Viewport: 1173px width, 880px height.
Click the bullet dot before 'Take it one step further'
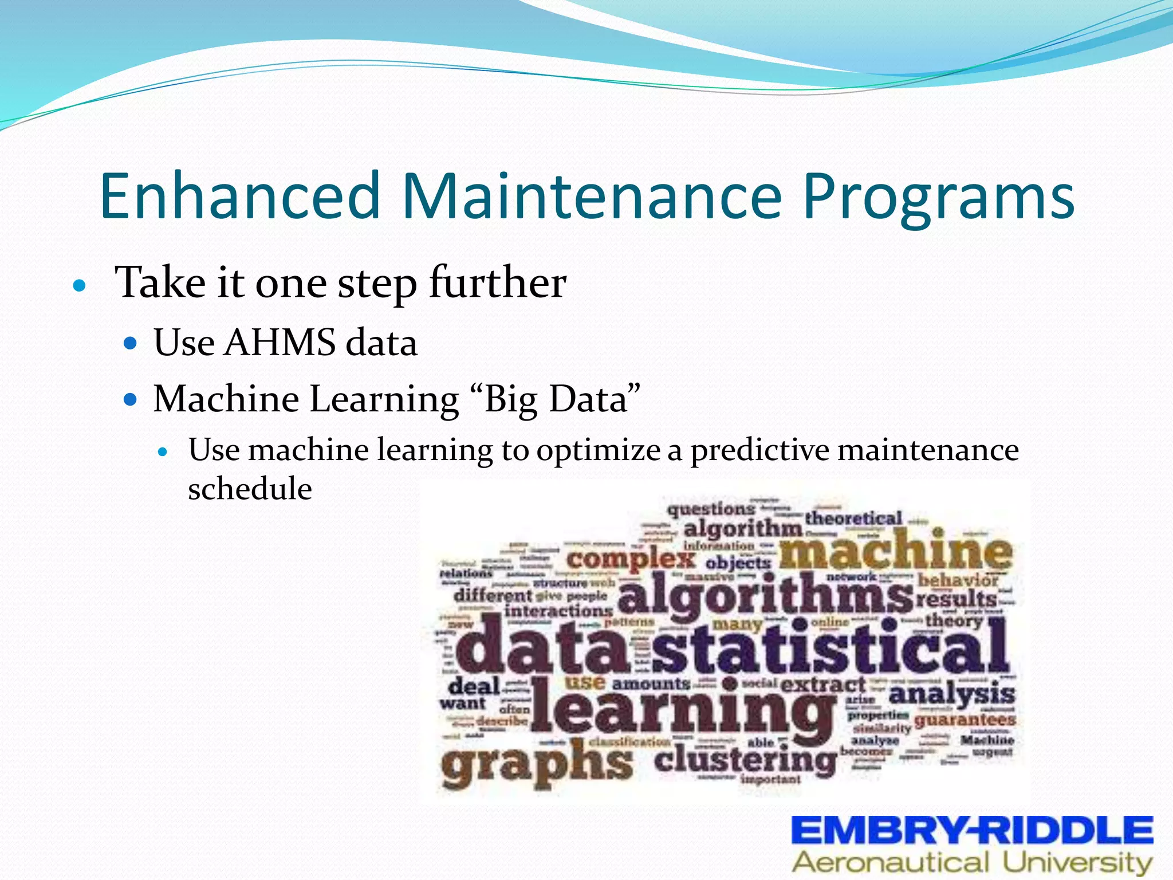click(x=80, y=285)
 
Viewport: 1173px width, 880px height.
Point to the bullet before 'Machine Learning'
click(x=131, y=399)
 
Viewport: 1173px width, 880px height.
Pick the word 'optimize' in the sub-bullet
click(x=598, y=450)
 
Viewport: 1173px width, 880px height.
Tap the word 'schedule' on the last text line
click(x=250, y=489)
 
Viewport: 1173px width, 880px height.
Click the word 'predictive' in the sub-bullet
click(x=759, y=450)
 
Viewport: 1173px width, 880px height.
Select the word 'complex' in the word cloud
click(x=630, y=559)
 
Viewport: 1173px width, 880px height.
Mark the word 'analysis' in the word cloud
click(x=951, y=694)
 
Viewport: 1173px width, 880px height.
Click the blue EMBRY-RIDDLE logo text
click(x=972, y=830)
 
